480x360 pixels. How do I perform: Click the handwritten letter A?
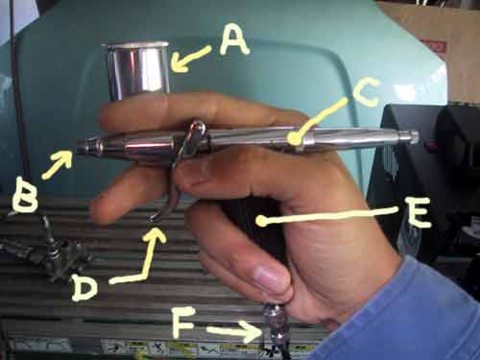(x=234, y=40)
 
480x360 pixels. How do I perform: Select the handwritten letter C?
(x=367, y=92)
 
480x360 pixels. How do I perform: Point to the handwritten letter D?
(x=84, y=287)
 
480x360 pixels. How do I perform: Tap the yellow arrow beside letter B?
(x=59, y=164)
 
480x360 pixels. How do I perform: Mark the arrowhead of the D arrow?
(x=156, y=234)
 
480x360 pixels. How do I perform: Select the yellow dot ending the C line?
(x=294, y=138)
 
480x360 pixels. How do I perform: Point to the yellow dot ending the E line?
(x=262, y=221)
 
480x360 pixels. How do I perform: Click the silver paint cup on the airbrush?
(x=137, y=70)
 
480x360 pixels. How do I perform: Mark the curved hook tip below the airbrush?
(x=153, y=219)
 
